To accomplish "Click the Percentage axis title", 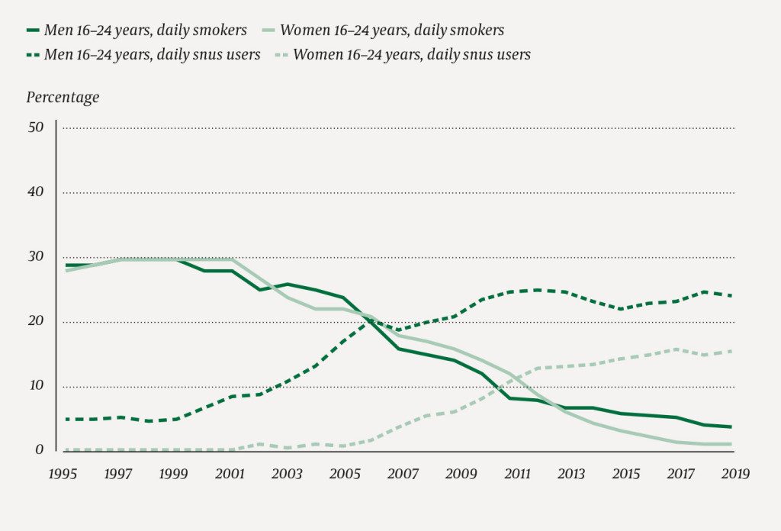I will pos(63,97).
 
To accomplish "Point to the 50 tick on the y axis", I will pos(36,127).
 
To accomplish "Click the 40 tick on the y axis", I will pos(36,192).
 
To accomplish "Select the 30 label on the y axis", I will pos(36,257).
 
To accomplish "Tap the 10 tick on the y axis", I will pos(36,387).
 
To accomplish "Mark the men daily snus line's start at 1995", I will pos(66,419).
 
